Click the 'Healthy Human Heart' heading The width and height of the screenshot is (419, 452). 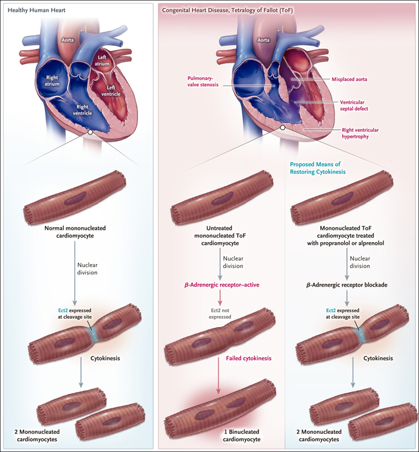(36, 10)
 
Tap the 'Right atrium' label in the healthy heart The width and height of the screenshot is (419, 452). (52, 80)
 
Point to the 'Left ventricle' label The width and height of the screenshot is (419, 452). (111, 91)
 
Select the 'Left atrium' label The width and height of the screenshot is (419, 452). (102, 61)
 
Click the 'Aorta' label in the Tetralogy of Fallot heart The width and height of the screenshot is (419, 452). (263, 40)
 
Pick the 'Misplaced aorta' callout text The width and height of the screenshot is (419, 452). (349, 79)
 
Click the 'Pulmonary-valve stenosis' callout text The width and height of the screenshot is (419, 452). (203, 81)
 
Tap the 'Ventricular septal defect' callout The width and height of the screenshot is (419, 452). (354, 105)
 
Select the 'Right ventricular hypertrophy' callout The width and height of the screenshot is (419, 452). (360, 133)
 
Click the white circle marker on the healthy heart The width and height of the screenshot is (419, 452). (90, 132)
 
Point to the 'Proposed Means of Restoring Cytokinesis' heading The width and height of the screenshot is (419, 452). (318, 168)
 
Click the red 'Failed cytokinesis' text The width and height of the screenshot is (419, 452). (248, 358)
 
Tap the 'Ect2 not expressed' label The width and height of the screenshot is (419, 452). (220, 314)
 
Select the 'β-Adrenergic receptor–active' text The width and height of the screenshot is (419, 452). (222, 285)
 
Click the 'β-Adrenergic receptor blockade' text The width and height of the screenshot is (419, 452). (347, 285)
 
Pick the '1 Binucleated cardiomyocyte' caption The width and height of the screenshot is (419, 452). (242, 435)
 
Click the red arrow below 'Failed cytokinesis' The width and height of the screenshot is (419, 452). (219, 377)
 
